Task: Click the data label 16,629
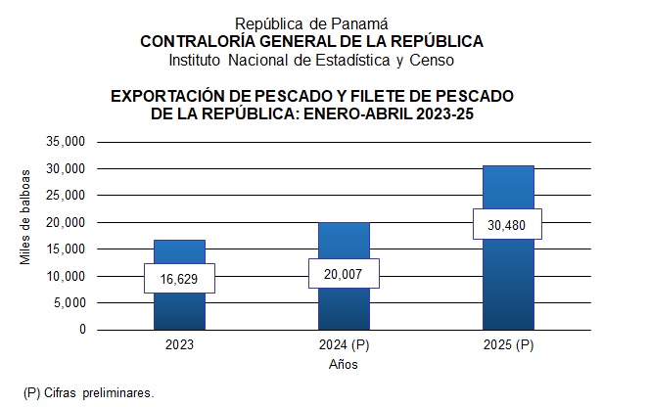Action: [179, 279]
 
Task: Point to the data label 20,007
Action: [343, 274]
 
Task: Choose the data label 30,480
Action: [507, 225]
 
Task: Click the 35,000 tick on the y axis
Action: [68, 142]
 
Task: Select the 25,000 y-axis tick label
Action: [68, 196]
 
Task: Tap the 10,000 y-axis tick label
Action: [68, 276]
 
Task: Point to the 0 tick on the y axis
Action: [83, 330]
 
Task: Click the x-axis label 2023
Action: [180, 345]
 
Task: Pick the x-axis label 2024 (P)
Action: [344, 345]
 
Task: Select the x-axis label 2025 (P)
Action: [507, 345]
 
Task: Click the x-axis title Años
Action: [344, 365]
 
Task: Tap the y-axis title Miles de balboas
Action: [26, 216]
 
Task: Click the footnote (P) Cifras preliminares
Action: [89, 392]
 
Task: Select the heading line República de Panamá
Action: [312, 23]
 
